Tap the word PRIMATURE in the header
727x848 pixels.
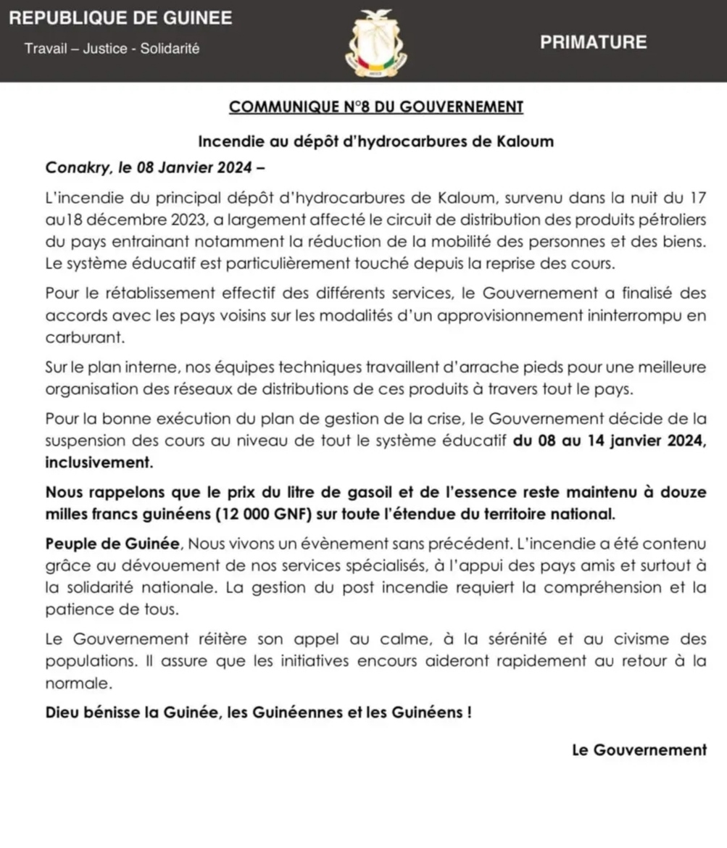593,42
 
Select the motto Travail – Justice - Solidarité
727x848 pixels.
112,49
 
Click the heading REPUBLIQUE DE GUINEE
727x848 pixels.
120,18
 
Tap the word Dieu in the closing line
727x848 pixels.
62,712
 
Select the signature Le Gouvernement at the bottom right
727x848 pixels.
639,751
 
